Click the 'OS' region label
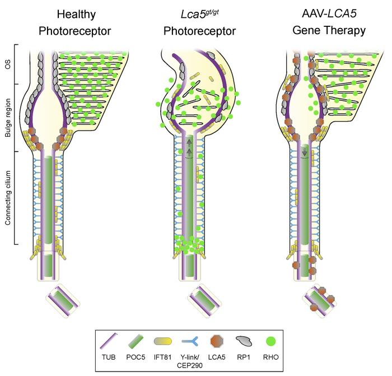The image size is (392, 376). tap(7, 64)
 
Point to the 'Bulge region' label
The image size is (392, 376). tap(7, 118)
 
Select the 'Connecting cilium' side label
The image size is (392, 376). tap(7, 198)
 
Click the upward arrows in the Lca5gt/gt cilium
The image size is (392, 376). tap(189, 147)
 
